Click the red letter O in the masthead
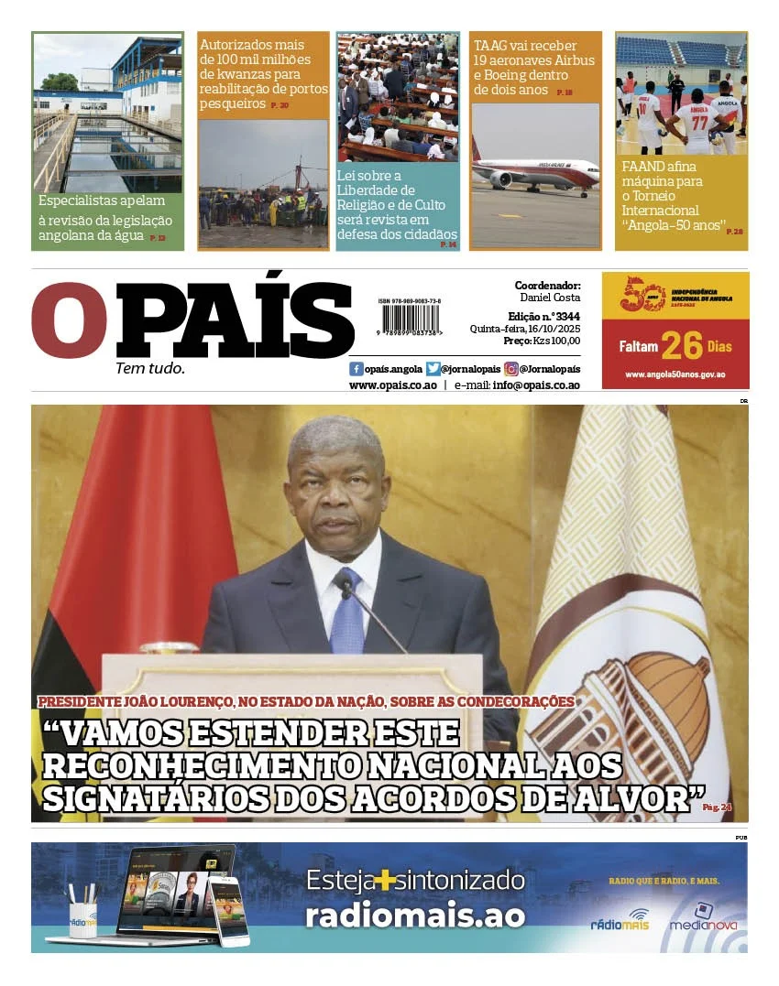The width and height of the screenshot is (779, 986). coord(68,320)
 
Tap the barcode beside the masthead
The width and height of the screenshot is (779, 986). coord(410,320)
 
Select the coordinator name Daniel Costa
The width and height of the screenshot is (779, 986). coord(550,298)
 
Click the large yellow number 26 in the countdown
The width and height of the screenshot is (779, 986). coord(682,346)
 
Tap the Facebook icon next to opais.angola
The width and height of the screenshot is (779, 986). coord(357,369)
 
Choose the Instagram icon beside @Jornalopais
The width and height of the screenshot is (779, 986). coord(511,369)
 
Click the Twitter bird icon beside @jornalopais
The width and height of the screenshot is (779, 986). coord(433,369)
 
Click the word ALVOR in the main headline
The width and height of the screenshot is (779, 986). coord(631,798)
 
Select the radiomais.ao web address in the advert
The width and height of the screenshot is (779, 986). coord(415,916)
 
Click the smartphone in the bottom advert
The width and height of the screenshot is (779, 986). coord(228,910)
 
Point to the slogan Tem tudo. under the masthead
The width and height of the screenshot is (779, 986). coord(149,368)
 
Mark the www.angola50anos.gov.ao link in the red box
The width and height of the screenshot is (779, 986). coord(675,374)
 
